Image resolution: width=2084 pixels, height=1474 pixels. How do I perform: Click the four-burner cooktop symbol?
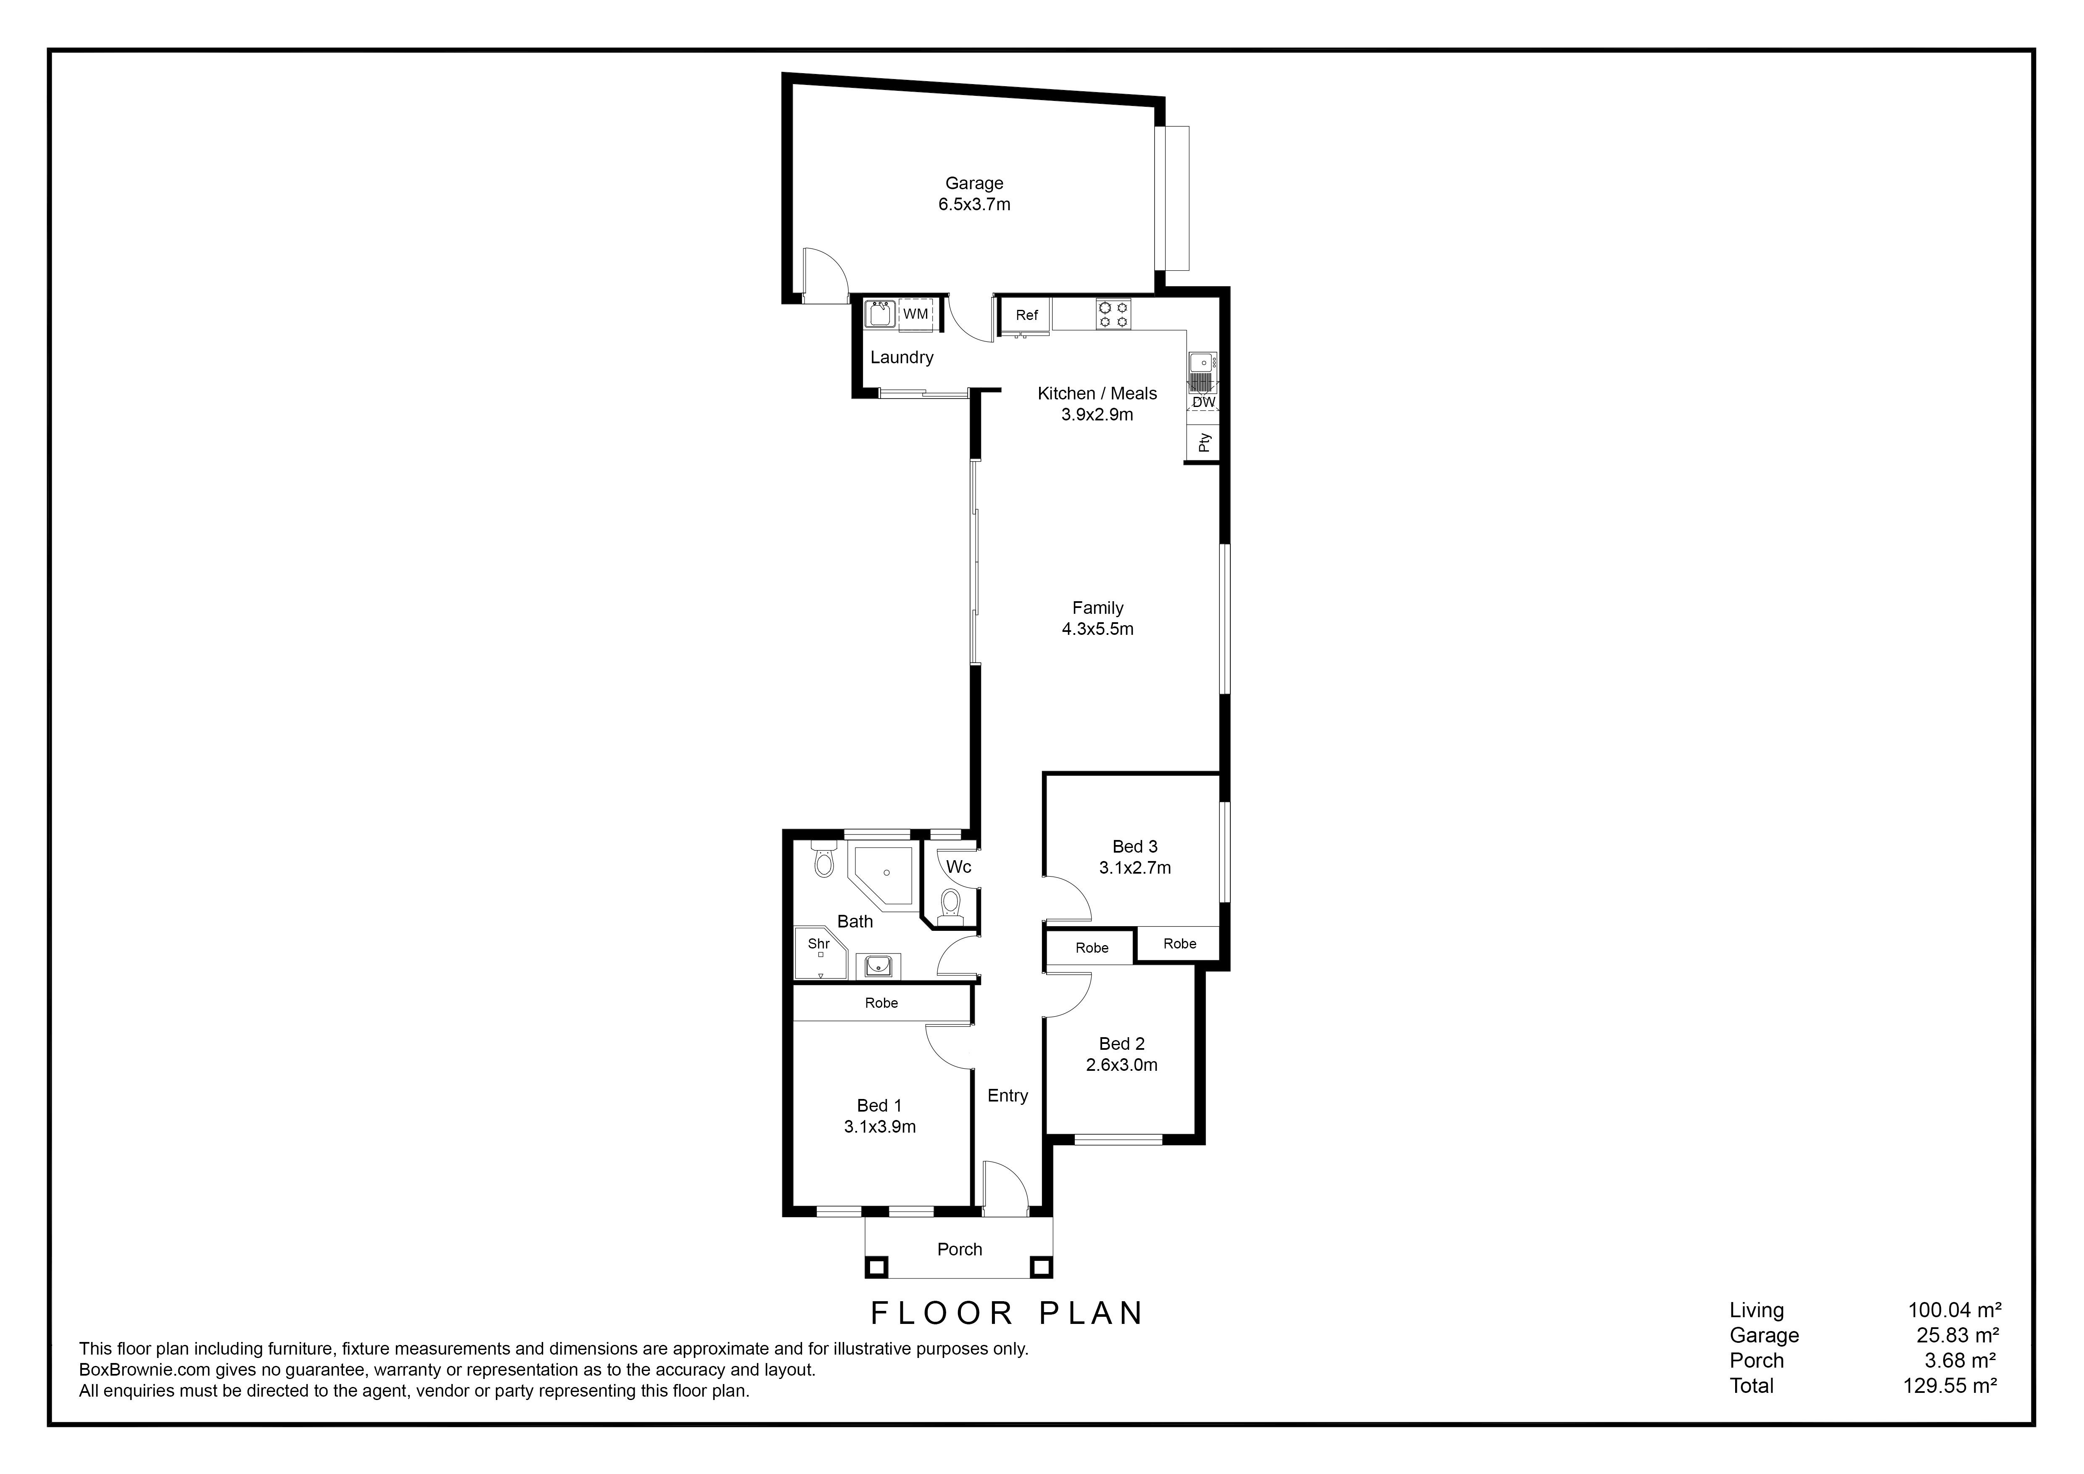click(x=1114, y=314)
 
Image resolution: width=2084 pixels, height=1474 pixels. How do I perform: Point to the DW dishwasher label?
click(x=1203, y=402)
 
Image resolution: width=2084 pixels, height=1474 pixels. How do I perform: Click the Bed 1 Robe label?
click(x=881, y=1003)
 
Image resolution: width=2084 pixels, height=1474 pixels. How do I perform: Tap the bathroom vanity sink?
click(x=878, y=966)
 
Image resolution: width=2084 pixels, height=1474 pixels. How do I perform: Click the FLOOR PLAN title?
click(x=1007, y=1313)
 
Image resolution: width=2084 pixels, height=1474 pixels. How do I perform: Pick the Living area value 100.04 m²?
click(x=1954, y=1310)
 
